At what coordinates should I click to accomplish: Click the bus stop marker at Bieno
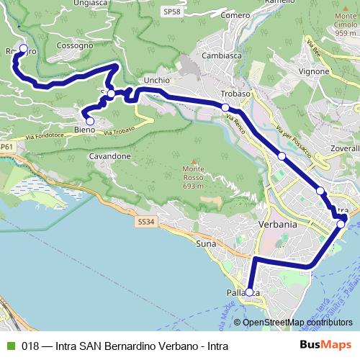pyautogui.click(x=90, y=121)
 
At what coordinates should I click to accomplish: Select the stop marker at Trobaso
pyautogui.click(x=225, y=107)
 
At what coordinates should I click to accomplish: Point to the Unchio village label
pyautogui.click(x=156, y=81)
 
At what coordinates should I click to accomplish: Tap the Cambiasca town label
pyautogui.click(x=220, y=55)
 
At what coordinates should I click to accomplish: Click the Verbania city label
pyautogui.click(x=277, y=225)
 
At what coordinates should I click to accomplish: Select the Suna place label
pyautogui.click(x=206, y=244)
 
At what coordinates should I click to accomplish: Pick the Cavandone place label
pyautogui.click(x=110, y=156)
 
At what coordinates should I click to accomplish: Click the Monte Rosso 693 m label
pyautogui.click(x=193, y=176)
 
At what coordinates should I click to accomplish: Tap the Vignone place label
pyautogui.click(x=313, y=71)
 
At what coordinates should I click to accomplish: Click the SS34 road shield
pyautogui.click(x=145, y=222)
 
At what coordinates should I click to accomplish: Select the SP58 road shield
pyautogui.click(x=171, y=12)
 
